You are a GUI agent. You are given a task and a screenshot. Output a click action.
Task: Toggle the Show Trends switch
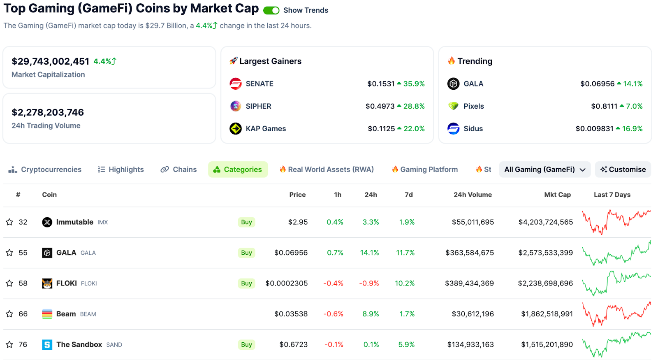[x=271, y=10]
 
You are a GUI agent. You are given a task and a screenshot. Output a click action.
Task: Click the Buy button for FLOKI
[x=246, y=283]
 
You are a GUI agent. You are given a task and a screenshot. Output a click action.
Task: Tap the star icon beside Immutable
[x=9, y=222]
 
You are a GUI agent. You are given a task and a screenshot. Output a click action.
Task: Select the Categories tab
[x=238, y=170]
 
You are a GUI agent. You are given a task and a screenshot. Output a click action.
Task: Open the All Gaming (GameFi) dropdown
[x=544, y=170]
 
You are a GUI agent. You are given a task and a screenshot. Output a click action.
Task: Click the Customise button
[x=623, y=170]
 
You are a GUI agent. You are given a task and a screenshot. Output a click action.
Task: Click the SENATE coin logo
[x=236, y=84]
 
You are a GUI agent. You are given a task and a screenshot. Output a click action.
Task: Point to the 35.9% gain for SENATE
[x=414, y=84]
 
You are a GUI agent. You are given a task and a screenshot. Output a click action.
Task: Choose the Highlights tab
[x=121, y=170]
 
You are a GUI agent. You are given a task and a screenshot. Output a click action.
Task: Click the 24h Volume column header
[x=473, y=195]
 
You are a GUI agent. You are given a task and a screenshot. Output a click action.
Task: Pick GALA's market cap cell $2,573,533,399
[x=545, y=253]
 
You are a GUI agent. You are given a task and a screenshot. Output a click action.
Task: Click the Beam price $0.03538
[x=291, y=314]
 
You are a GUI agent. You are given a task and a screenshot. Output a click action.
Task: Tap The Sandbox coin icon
[x=47, y=345]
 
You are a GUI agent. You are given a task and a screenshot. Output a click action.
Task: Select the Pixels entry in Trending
[x=473, y=106]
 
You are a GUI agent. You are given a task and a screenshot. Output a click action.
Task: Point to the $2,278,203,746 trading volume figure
[x=48, y=112]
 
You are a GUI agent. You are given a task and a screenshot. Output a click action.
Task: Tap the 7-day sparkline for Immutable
[x=616, y=222]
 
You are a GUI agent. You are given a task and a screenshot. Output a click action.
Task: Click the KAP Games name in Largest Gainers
[x=266, y=129]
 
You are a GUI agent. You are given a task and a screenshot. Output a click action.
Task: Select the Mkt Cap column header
[x=557, y=195]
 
